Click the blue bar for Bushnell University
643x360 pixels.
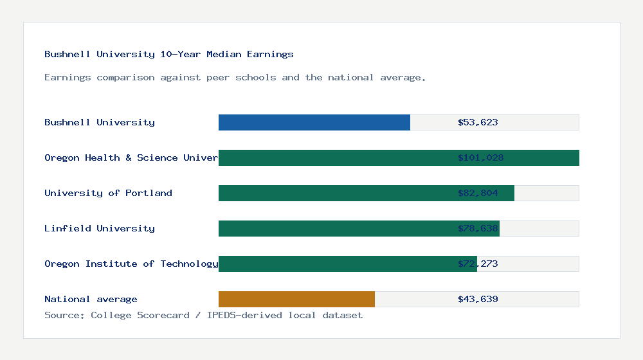pos(314,122)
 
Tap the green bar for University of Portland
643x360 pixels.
pos(334,193)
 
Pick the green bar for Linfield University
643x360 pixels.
pos(334,228)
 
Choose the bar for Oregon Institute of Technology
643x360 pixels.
pos(334,264)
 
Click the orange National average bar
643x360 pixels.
pos(296,299)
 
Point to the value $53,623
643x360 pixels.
pos(478,122)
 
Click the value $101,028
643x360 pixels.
pos(480,157)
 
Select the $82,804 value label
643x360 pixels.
pos(478,193)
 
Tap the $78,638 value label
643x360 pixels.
pos(478,228)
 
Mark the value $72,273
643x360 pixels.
pos(478,264)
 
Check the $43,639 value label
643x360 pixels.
pos(478,299)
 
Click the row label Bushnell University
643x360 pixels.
pos(100,122)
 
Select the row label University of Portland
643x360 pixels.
pos(108,193)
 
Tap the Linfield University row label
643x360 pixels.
pos(100,228)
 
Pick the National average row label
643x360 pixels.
pos(91,299)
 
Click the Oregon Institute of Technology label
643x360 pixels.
pos(131,264)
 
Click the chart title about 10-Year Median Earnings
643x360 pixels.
pos(169,54)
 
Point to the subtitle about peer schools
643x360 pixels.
pos(235,77)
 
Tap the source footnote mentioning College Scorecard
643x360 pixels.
pos(203,315)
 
